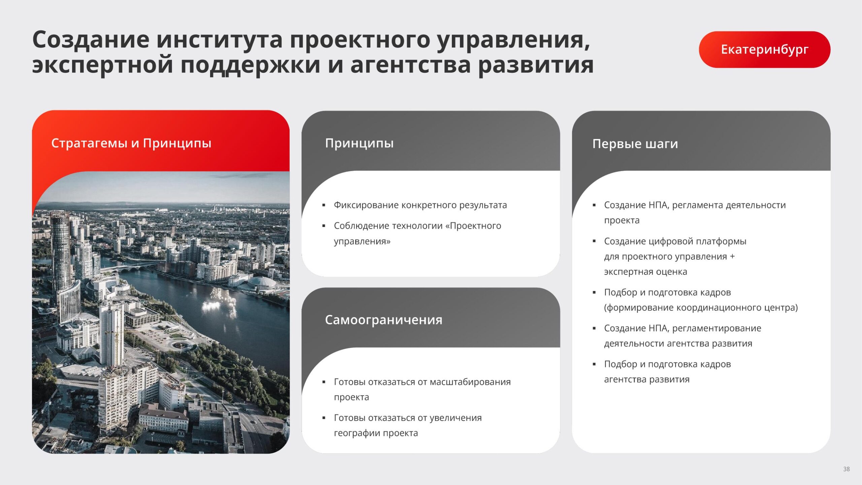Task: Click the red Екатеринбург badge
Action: [764, 50]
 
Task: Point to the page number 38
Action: [847, 469]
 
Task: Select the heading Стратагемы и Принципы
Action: [131, 143]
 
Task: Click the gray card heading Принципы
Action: [359, 143]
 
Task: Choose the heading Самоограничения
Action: [384, 320]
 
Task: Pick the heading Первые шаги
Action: [635, 144]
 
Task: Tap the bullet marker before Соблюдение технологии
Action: [324, 226]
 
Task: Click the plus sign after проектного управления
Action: [732, 257]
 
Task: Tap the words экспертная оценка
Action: [645, 272]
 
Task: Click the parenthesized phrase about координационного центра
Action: [701, 308]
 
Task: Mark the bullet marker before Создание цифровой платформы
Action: [594, 241]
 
